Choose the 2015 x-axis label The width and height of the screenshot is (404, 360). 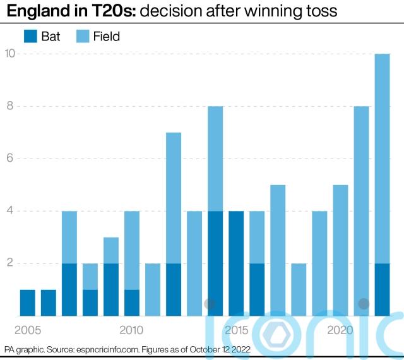237,330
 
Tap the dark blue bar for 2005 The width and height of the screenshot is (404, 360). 28,303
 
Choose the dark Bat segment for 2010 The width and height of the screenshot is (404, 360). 132,303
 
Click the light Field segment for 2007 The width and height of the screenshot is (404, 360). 69,237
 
